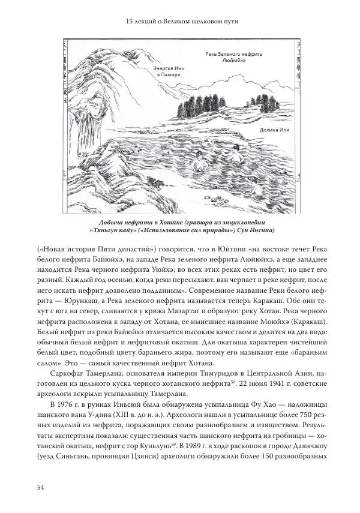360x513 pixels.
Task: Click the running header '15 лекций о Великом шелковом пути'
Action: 180,22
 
